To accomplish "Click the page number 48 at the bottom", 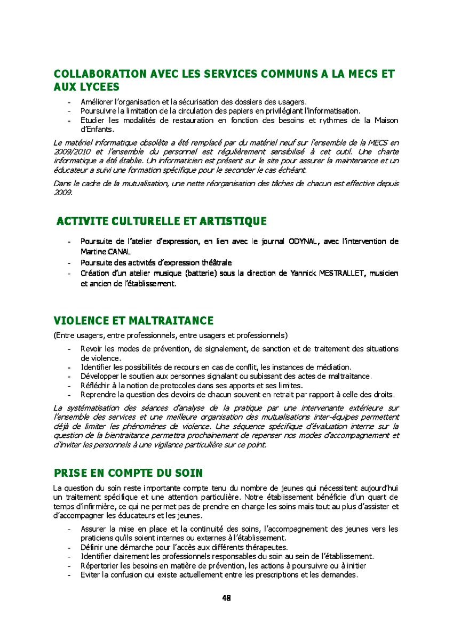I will point(226,598).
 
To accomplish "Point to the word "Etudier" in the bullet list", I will point(93,121).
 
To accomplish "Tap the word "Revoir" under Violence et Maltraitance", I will point(92,349).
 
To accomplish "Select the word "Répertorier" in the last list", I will point(99,566).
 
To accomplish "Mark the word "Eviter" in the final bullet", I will point(90,575).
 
